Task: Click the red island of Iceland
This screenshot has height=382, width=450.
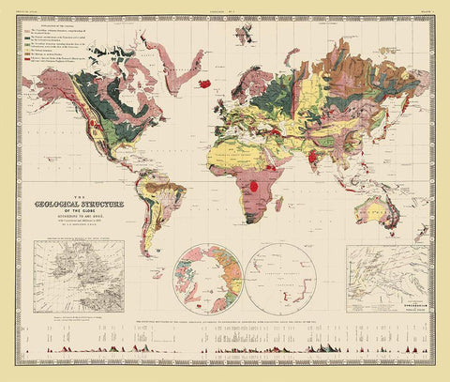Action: pyautogui.click(x=203, y=83)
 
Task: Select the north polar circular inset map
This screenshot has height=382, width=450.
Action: pyautogui.click(x=215, y=279)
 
